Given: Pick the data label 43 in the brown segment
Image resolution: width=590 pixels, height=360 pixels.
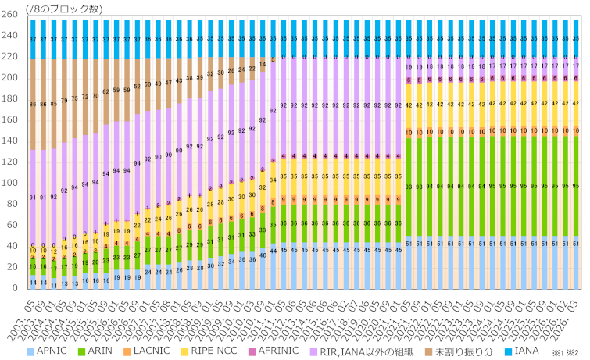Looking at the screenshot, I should click(179, 80).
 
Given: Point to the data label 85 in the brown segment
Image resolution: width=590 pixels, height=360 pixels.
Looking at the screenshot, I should click(53, 104).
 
